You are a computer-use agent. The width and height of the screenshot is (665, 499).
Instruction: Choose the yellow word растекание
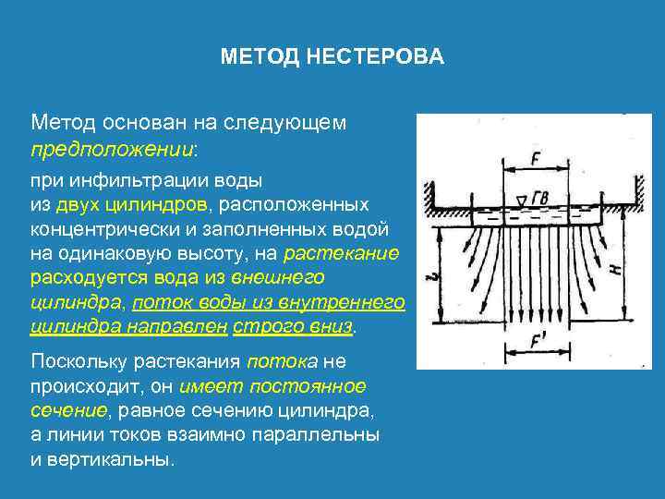(342, 253)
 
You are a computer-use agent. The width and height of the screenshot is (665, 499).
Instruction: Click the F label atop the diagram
(535, 158)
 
